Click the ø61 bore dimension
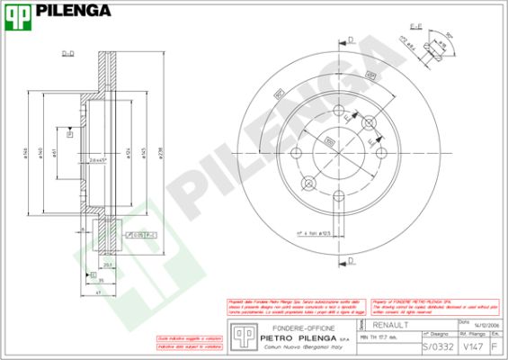pos(56,153)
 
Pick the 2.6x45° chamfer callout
pos(99,160)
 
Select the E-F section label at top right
pos(416,28)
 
